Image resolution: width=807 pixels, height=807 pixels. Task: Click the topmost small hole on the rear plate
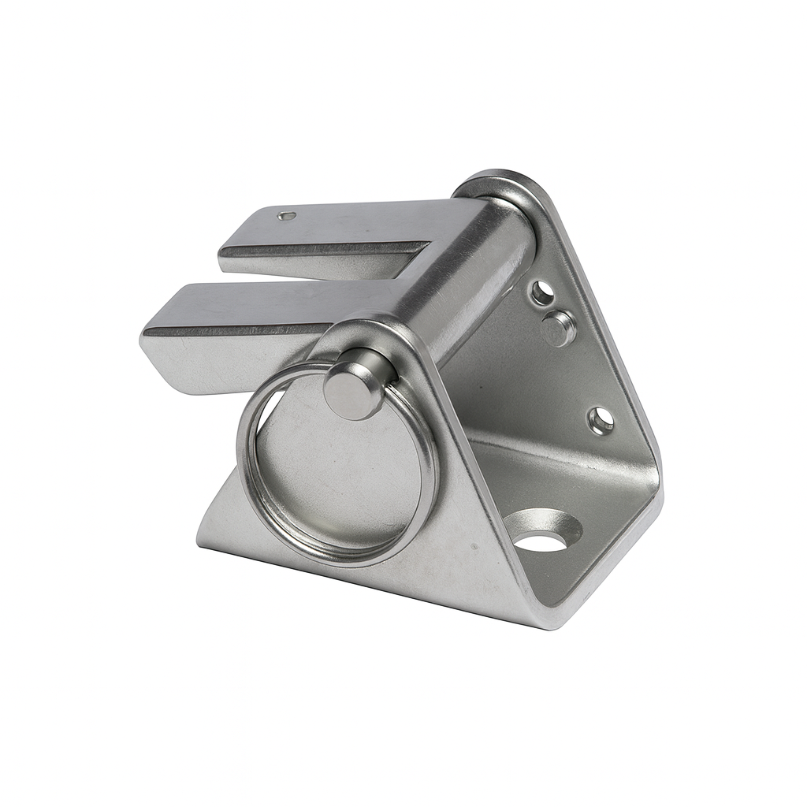pos(541,293)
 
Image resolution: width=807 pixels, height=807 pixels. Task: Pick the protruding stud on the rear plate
pos(559,328)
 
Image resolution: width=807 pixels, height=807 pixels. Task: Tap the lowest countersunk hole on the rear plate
pos(601,420)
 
